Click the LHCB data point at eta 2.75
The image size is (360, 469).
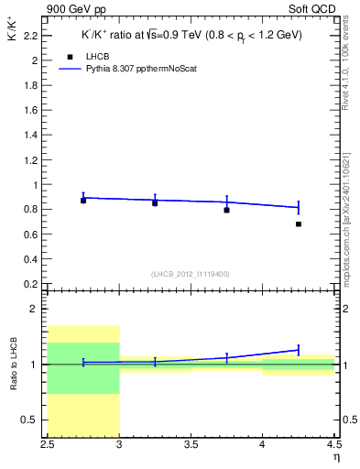point(83,200)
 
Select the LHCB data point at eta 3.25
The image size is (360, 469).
point(155,202)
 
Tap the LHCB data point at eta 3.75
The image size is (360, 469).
point(226,210)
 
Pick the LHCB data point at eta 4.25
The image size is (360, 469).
point(299,224)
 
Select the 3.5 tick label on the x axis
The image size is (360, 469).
point(191,447)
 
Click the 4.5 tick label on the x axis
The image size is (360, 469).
point(333,447)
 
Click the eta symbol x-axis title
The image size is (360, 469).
point(335,457)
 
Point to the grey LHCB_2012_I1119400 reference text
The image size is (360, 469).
point(191,273)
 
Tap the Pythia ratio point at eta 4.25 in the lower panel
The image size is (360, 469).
point(299,350)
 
